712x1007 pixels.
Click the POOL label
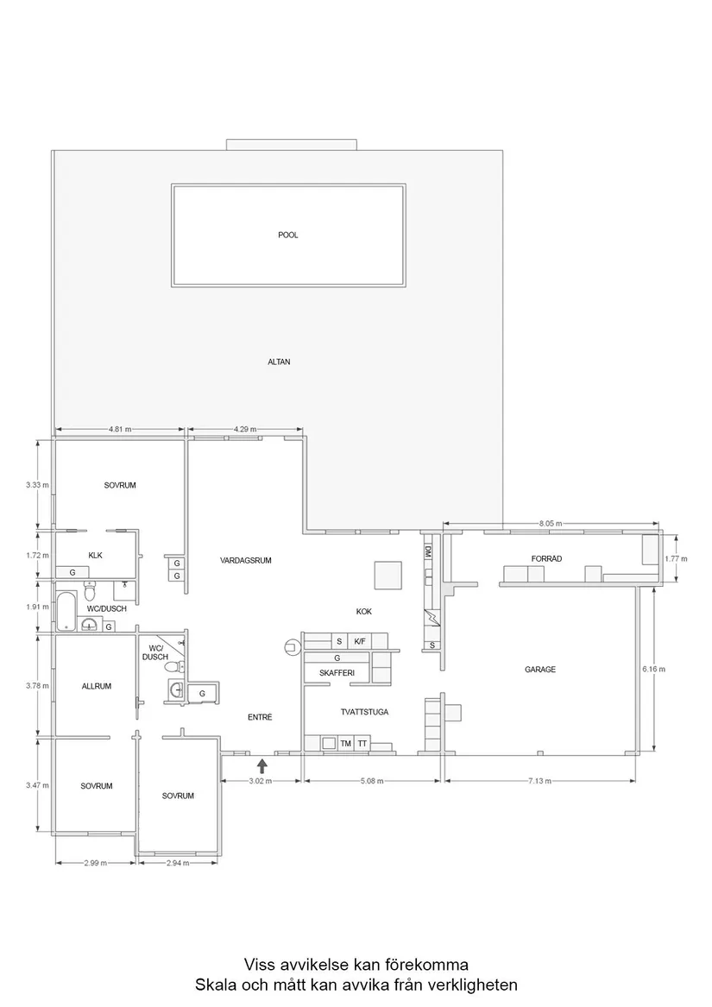[288, 235]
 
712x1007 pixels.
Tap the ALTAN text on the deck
[279, 362]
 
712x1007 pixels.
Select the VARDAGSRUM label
[246, 560]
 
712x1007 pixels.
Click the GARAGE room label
[540, 670]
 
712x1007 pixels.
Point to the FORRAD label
[546, 559]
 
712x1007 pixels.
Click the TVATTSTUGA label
[364, 713]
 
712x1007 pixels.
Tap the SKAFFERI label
[337, 673]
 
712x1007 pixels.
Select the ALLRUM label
[97, 687]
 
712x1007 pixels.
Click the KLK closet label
[95, 555]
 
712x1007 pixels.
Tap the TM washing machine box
[345, 743]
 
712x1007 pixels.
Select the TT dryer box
[363, 743]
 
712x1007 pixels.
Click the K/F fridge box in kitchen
[360, 641]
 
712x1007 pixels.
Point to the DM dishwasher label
[427, 550]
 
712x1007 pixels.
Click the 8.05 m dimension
[551, 524]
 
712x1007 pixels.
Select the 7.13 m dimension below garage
[540, 781]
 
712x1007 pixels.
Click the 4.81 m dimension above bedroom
[120, 429]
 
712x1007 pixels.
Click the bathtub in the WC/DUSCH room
[66, 609]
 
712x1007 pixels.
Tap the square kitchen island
[388, 575]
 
